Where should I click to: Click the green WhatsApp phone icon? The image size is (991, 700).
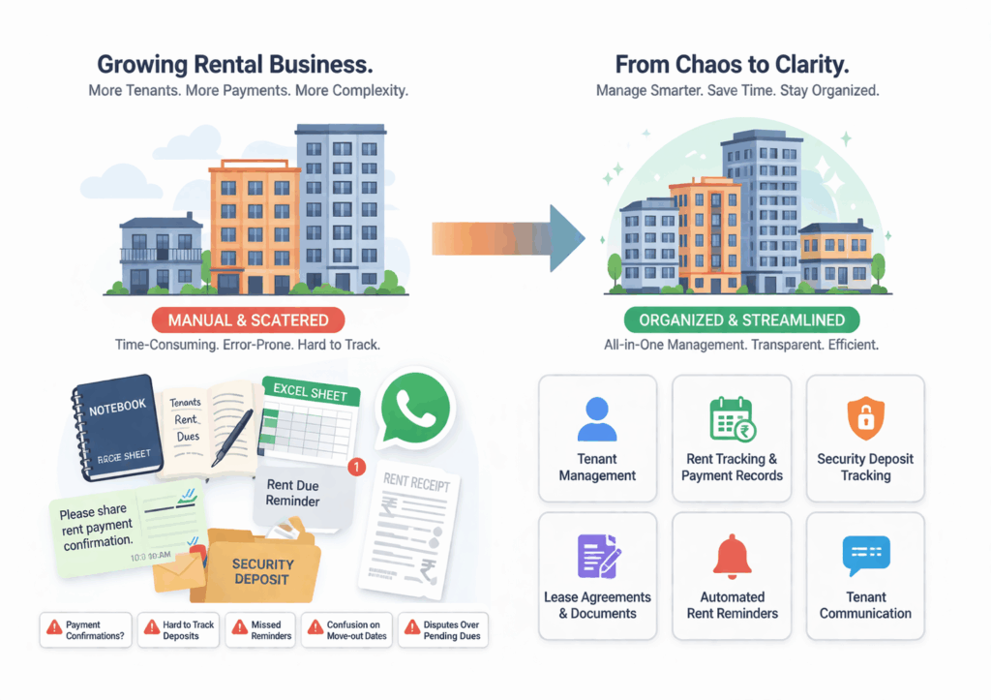(415, 411)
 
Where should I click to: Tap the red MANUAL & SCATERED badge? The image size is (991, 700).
(249, 320)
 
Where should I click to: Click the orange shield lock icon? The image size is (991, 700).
(865, 419)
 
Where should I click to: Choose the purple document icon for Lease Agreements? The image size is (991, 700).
(597, 557)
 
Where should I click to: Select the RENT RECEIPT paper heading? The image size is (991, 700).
(416, 480)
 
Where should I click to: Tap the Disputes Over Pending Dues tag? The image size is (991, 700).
(442, 630)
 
